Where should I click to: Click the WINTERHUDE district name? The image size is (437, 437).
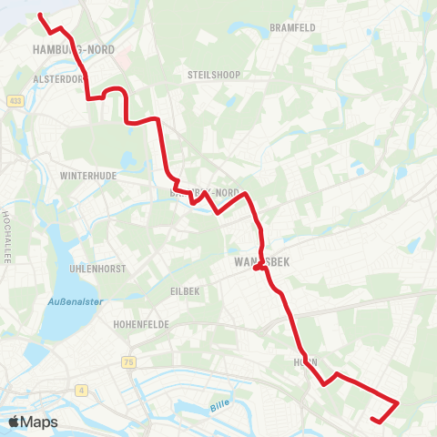(x=89, y=175)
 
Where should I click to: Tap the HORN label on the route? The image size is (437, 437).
(x=306, y=361)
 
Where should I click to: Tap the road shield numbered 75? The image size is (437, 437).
(x=127, y=362)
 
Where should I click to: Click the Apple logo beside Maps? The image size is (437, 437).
(x=15, y=422)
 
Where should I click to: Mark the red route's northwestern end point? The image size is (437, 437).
(x=40, y=15)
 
